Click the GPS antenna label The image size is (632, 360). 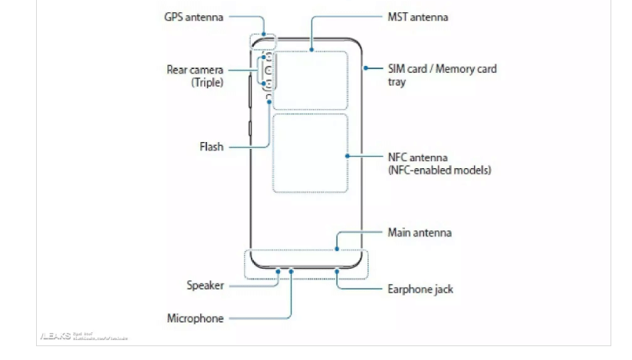click(193, 17)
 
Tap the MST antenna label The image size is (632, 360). click(418, 17)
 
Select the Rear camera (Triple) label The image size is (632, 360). click(196, 69)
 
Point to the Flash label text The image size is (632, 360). click(206, 147)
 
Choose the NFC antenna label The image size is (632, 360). click(417, 157)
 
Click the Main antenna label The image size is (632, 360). click(420, 232)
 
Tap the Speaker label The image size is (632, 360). click(206, 286)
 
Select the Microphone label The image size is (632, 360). click(196, 318)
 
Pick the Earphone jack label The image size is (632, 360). click(420, 289)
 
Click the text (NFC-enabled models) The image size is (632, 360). click(439, 170)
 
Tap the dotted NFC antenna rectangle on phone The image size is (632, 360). click(310, 154)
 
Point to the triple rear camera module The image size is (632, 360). click(266, 71)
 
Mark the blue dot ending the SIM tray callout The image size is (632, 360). click(365, 68)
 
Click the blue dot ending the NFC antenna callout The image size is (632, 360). click(347, 156)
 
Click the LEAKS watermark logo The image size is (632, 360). click(54, 336)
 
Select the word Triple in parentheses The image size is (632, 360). click(207, 81)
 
